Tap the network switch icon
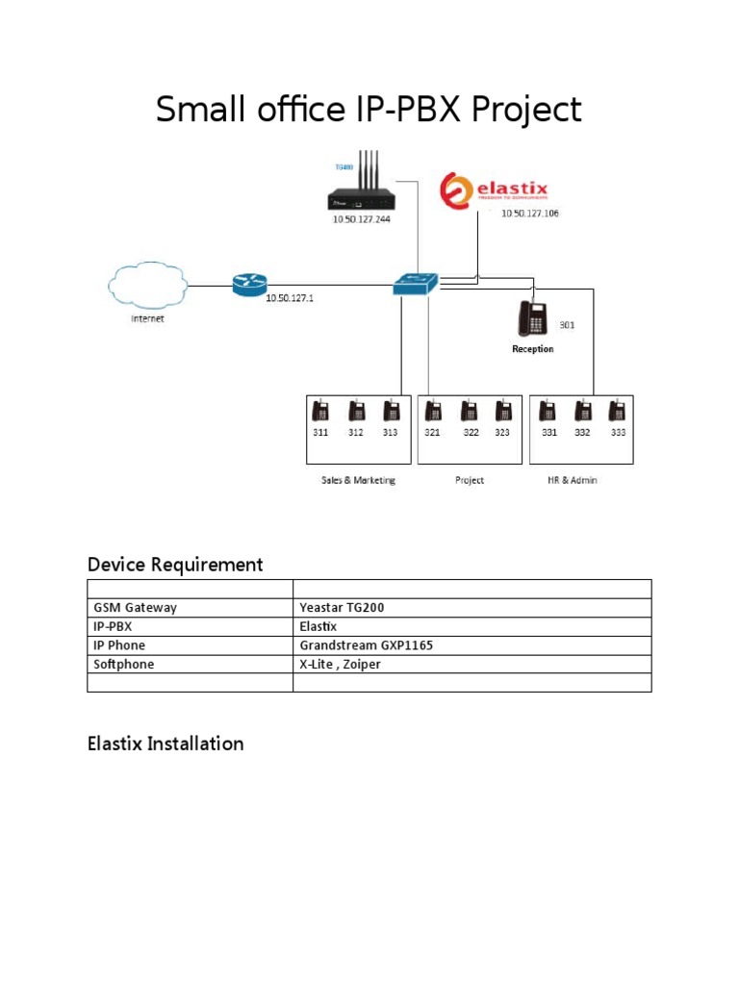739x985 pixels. click(416, 284)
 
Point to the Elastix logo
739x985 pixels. click(504, 190)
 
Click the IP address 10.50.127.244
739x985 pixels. click(362, 218)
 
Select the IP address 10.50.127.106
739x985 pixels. click(529, 214)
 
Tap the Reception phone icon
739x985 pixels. click(532, 317)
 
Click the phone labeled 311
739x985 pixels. click(320, 412)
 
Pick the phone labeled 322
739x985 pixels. click(469, 412)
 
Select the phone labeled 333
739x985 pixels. click(618, 412)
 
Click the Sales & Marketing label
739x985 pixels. click(358, 480)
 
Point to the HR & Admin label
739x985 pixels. click(572, 480)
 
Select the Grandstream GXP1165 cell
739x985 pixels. click(366, 645)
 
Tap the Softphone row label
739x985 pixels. click(124, 664)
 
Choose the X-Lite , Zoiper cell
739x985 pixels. click(340, 664)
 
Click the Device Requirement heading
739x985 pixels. click(175, 565)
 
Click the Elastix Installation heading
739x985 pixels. click(166, 744)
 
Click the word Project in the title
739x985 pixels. click(527, 111)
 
